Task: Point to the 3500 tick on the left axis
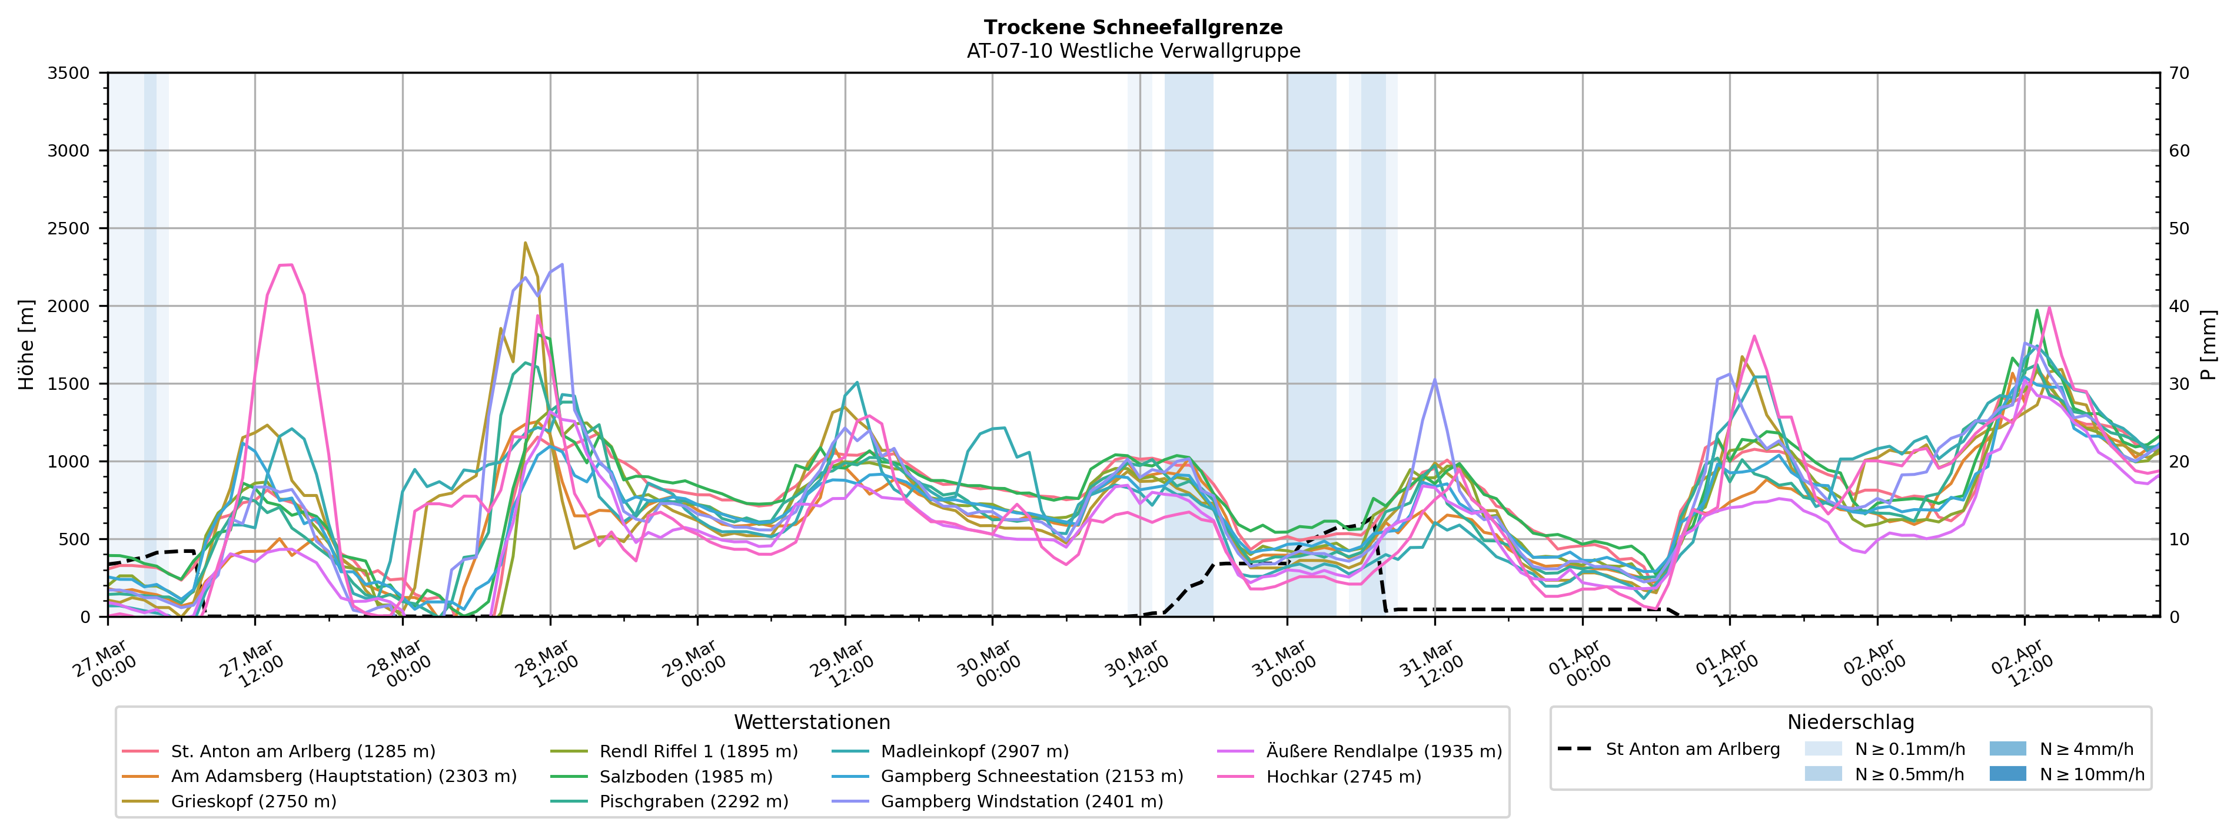pos(69,73)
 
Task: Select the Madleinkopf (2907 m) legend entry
pos(975,751)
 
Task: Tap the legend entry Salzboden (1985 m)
pos(685,777)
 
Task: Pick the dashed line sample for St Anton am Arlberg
pos(1574,749)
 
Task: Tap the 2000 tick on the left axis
pos(69,306)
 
